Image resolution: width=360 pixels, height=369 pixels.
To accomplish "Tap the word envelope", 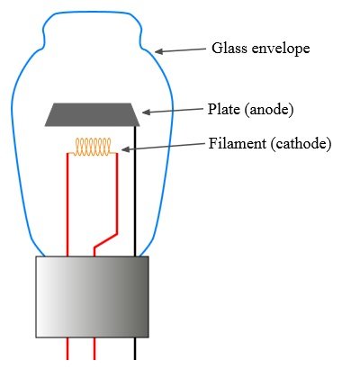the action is (x=281, y=49).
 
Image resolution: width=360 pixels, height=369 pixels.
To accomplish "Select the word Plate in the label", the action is (x=224, y=109).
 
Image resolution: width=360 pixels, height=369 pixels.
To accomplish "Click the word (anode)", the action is (x=269, y=110).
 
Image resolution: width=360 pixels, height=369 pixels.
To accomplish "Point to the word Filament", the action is (x=238, y=143).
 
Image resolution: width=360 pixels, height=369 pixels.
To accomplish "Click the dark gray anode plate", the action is (x=93, y=114).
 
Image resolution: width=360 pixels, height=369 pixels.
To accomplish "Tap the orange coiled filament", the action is (x=93, y=147).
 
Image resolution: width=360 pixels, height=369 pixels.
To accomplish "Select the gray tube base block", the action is (x=93, y=297).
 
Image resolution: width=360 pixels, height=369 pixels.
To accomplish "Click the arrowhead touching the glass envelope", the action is (x=159, y=51).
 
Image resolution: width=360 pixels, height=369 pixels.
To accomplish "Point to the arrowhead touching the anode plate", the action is (x=147, y=112).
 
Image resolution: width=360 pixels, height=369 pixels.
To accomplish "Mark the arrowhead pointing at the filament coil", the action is (x=126, y=149).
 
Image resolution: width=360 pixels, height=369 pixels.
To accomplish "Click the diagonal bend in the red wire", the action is (x=105, y=240).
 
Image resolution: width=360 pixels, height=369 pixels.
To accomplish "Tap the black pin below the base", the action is (x=135, y=348).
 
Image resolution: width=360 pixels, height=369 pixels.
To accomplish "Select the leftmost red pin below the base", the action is (x=67, y=348).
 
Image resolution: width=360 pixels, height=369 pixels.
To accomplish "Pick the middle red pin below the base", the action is (x=94, y=348).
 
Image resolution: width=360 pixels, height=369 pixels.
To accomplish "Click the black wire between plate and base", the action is (x=135, y=192).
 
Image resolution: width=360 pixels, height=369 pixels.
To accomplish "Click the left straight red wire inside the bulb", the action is (x=67, y=204).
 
